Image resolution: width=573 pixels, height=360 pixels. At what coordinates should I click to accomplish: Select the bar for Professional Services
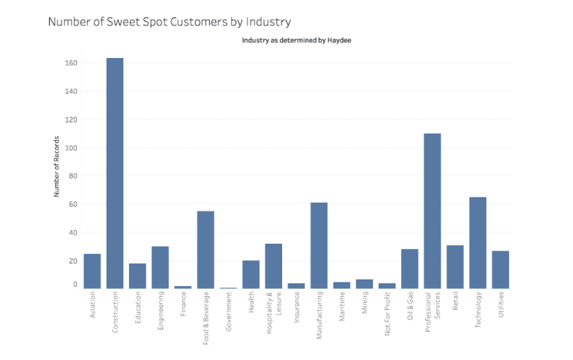[432, 210]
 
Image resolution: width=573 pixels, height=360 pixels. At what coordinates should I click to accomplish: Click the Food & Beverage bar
[205, 250]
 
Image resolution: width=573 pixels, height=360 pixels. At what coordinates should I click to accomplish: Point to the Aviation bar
[92, 271]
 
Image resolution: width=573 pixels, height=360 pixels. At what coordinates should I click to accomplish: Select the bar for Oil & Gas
[409, 269]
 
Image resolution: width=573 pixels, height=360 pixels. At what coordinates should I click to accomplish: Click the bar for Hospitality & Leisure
[273, 266]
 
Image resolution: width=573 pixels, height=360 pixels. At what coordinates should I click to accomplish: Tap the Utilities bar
[500, 269]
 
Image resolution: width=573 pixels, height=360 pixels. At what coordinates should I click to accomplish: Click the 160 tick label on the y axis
[70, 63]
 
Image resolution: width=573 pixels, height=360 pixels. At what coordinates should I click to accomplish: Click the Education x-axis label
[138, 310]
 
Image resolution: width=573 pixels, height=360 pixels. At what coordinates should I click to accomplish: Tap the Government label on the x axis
[228, 314]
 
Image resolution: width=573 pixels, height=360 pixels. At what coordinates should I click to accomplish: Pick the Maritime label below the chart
[342, 309]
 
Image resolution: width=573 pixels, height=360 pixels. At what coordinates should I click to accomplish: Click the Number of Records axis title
[56, 168]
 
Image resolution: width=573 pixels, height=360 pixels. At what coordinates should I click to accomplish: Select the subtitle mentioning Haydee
[296, 41]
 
